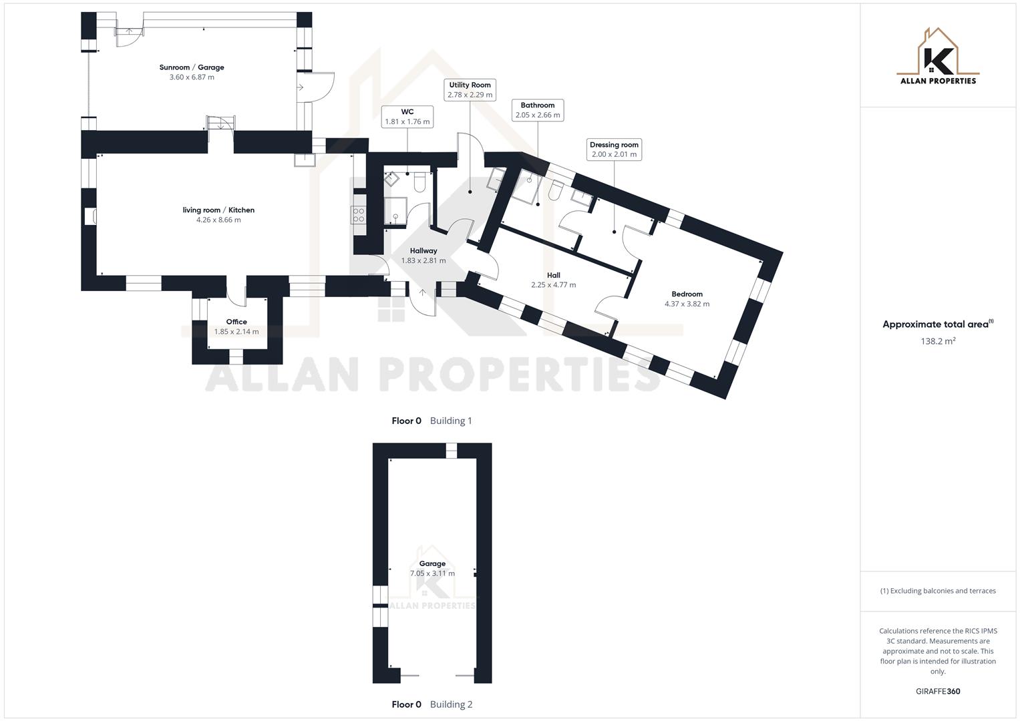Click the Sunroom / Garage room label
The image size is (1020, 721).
pos(192,67)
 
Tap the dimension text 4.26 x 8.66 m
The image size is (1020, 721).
pos(218,220)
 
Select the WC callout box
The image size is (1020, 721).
pos(407,117)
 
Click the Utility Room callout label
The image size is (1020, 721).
pos(470,90)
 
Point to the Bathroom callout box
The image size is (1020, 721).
pos(538,110)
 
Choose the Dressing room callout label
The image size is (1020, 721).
pos(614,150)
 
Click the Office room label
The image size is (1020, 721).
pos(236,322)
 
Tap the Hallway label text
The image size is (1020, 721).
pos(423,251)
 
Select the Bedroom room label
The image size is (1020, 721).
pos(687,294)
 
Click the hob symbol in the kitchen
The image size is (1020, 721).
pos(359,215)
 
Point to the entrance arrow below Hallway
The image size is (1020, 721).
pos(422,292)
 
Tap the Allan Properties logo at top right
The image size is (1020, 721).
pos(938,57)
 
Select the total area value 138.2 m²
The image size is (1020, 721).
pos(938,341)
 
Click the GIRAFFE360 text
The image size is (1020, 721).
pos(938,692)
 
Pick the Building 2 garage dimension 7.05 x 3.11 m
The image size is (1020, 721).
pos(432,573)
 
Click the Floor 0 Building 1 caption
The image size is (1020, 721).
pos(432,421)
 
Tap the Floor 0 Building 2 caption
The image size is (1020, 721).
pos(432,704)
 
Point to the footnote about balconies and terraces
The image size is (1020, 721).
pos(938,591)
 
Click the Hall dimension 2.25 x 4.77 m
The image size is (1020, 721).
pos(553,285)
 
